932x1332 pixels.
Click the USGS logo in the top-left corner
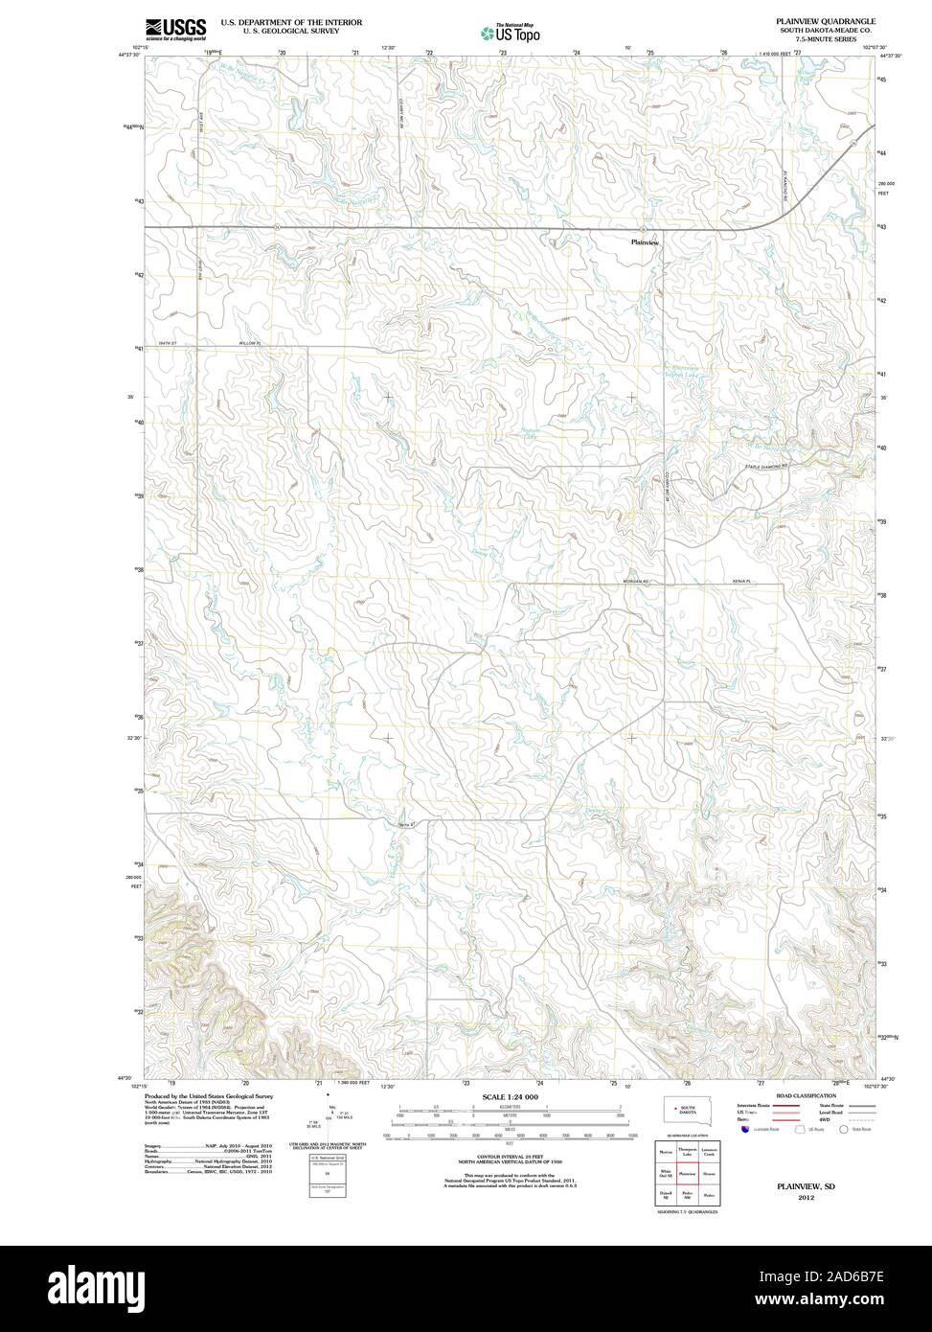175,28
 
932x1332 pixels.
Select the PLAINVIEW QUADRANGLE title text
826,19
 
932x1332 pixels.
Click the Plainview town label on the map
646,242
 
